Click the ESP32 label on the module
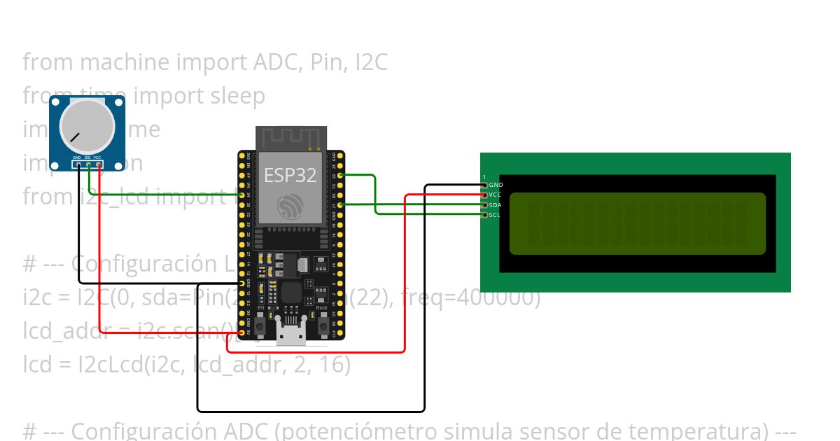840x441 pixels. click(290, 175)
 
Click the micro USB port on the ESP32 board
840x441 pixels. click(291, 337)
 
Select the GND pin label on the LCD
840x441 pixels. click(496, 185)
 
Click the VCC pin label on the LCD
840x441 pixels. click(496, 195)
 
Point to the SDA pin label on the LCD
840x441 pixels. click(496, 205)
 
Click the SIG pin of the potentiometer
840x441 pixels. click(88, 165)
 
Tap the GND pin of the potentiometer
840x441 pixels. click(77, 165)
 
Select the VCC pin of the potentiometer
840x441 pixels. click(98, 165)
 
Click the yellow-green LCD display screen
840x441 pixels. click(637, 223)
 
